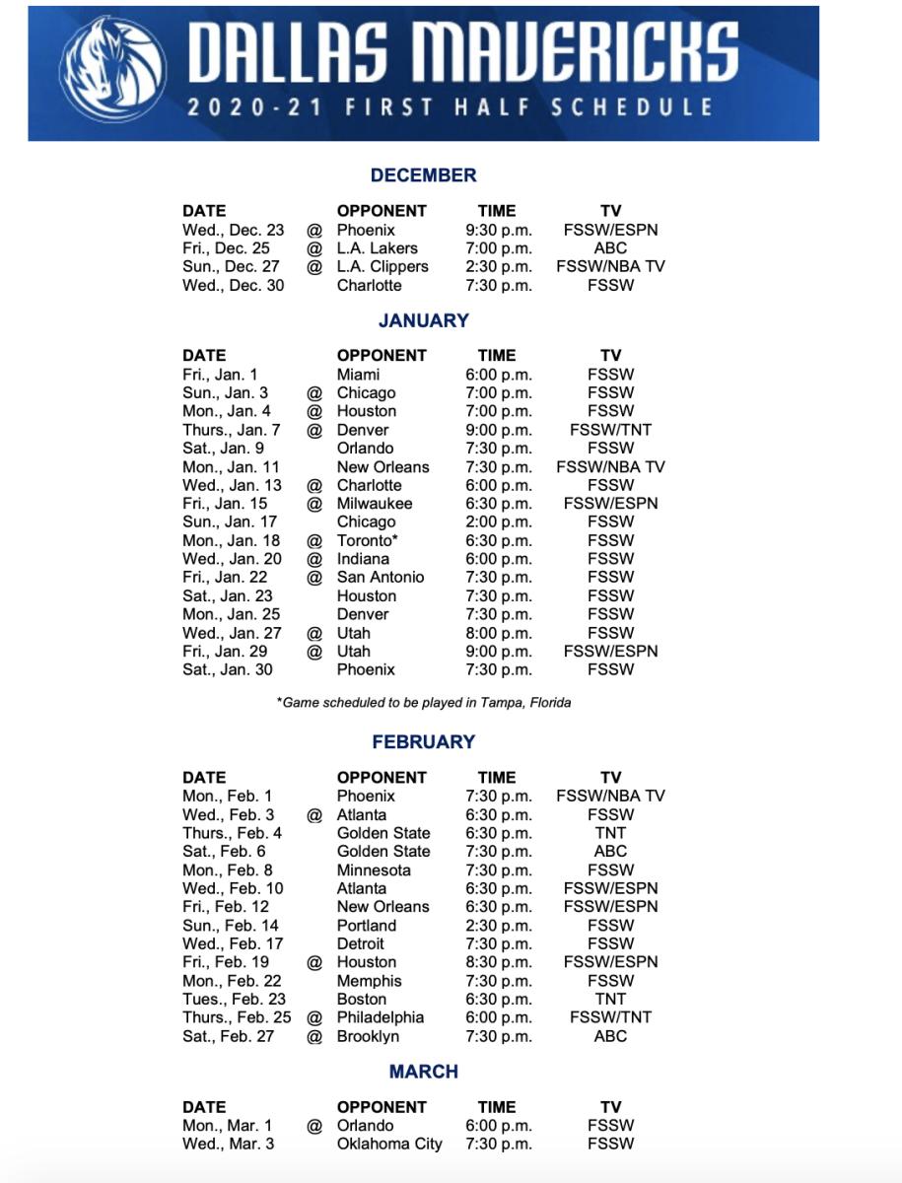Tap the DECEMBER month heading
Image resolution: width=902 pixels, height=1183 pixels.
(x=423, y=175)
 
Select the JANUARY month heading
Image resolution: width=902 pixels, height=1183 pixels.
(x=423, y=320)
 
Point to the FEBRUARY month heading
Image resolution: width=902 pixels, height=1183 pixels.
(x=423, y=742)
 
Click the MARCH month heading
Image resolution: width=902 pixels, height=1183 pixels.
(x=423, y=1072)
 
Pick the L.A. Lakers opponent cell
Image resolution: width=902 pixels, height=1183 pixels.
(x=377, y=248)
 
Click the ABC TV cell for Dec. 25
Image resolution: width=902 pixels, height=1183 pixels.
(x=610, y=248)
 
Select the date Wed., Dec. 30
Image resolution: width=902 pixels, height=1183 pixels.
(x=233, y=286)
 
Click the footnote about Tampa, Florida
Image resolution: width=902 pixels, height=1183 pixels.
(x=424, y=703)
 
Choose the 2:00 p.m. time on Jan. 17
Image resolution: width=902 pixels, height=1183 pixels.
(x=498, y=522)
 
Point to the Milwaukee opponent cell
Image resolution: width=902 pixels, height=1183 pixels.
(x=375, y=504)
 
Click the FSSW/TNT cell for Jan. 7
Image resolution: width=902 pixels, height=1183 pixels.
(x=610, y=430)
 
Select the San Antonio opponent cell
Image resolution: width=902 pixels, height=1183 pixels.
(x=381, y=578)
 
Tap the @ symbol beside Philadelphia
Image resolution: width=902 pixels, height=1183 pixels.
(x=314, y=1017)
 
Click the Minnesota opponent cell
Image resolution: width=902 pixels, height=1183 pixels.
(x=375, y=870)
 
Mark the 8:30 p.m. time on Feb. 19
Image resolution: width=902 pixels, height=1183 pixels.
(x=498, y=962)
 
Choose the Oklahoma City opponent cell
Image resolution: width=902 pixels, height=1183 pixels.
(x=389, y=1145)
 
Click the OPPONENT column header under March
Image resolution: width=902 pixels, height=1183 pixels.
(x=382, y=1107)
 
